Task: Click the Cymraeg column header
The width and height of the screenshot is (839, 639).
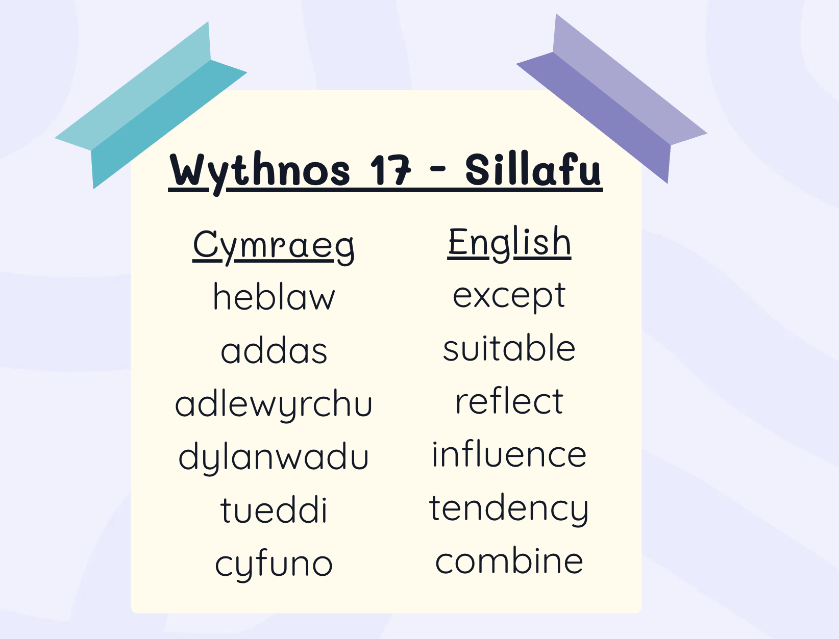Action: [x=274, y=246]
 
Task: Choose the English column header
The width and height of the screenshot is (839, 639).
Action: [x=509, y=244]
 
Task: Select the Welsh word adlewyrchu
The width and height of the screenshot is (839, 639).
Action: [x=274, y=405]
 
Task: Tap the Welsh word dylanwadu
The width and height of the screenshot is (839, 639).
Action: [x=274, y=458]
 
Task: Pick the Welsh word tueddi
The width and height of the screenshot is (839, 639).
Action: [x=274, y=509]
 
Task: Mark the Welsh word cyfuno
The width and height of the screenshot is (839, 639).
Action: [x=274, y=565]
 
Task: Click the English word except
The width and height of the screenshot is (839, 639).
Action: [x=509, y=297]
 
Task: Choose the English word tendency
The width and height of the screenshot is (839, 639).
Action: [x=509, y=509]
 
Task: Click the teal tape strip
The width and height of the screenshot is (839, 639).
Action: [x=151, y=105]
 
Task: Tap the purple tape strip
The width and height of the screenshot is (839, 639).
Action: [x=611, y=98]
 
